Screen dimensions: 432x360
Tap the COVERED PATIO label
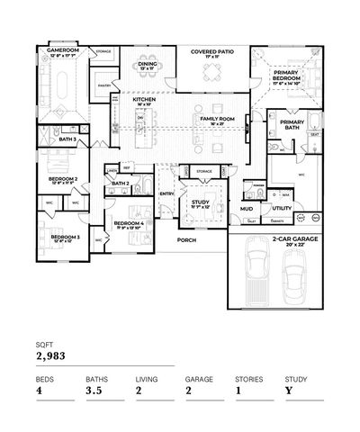point(212,52)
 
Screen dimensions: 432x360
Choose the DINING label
point(147,63)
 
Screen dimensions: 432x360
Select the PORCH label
point(186,240)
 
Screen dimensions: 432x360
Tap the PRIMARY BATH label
point(293,123)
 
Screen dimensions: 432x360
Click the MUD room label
point(246,209)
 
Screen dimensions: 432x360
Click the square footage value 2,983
point(51,355)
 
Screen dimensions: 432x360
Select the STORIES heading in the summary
point(248,379)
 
